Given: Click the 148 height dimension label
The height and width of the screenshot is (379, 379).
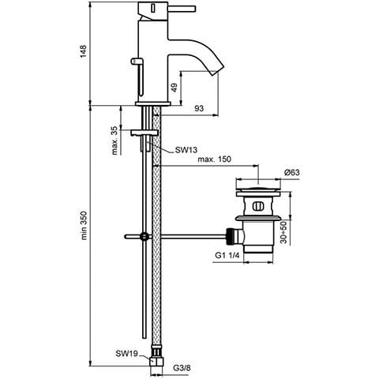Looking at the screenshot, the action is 83,51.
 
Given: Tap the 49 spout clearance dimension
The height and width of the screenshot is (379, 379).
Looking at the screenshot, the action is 174,88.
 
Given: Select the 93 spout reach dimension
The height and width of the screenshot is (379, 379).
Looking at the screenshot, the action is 199,108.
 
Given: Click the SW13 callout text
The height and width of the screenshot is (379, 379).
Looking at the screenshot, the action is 186,150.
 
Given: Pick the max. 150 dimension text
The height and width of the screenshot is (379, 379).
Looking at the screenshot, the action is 214,159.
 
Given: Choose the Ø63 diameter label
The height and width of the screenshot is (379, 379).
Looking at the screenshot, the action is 291,172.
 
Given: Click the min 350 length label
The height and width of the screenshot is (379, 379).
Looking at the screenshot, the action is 83,225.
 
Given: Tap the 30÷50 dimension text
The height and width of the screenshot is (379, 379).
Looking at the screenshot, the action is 283,232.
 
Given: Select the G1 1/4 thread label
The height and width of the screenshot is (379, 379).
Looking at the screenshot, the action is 227,255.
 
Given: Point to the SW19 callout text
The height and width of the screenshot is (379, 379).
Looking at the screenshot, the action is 126,354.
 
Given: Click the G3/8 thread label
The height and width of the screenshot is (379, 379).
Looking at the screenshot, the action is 182,368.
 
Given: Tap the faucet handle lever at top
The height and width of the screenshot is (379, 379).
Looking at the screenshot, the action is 182,9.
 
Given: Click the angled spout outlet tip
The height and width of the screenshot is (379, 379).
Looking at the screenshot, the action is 218,70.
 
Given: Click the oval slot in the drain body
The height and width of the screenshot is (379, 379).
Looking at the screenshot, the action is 257,206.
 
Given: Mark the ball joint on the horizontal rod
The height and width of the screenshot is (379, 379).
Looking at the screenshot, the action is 144,236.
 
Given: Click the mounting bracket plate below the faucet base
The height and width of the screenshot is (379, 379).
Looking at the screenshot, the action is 144,133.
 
